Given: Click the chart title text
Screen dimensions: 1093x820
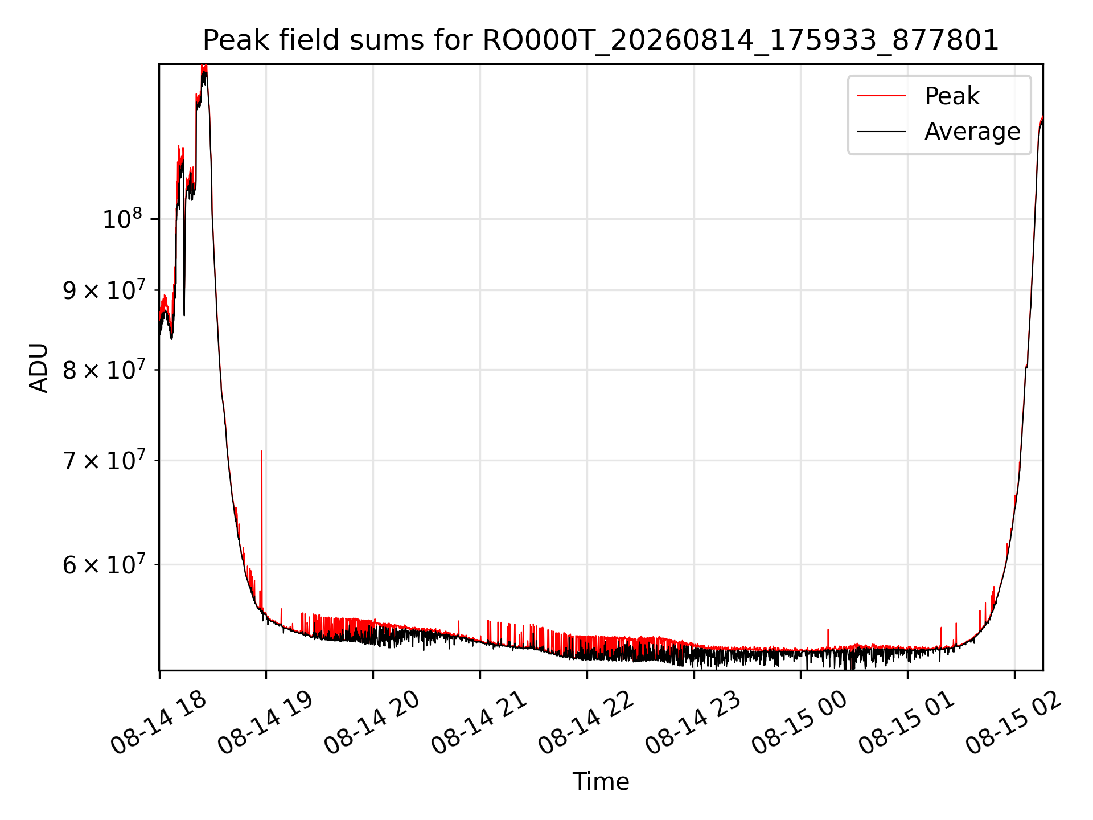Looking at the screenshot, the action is point(601,40).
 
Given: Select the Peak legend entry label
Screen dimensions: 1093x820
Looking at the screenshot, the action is point(952,96).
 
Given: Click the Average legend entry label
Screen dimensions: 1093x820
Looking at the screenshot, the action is point(972,132).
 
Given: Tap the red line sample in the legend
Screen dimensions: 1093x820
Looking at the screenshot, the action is point(881,96).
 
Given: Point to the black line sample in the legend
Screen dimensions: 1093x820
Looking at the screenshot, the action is point(881,132).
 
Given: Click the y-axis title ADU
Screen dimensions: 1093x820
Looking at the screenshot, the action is point(39,367).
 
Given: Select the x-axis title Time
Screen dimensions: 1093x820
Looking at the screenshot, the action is point(601,781).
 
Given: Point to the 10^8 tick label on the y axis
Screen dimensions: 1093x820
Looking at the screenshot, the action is point(122,218).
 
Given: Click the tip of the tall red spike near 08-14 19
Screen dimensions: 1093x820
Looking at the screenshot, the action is point(262,451).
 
